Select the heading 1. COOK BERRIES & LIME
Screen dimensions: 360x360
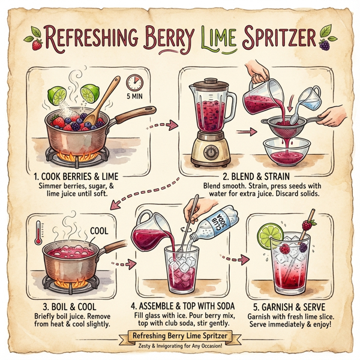(85, 177)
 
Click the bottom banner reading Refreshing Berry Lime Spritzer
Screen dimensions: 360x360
(181, 335)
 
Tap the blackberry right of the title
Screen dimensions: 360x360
(325, 43)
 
